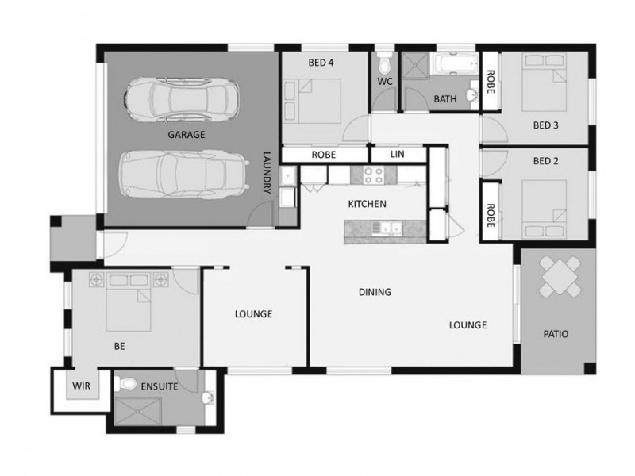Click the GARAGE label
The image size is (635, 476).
point(187,135)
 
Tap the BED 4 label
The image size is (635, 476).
point(321,63)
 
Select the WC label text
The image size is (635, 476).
point(385,82)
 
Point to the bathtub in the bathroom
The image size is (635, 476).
point(454,64)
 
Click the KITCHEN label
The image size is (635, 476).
point(368,204)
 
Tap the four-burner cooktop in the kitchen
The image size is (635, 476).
point(373,175)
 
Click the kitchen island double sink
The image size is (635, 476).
point(387,228)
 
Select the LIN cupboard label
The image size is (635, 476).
point(398,154)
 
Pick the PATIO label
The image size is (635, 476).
point(556,334)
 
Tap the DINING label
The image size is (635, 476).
point(375,292)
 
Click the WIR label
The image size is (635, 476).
point(82,386)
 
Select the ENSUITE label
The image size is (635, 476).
point(160,386)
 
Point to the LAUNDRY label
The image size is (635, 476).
point(267,172)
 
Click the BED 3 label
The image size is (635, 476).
point(545,125)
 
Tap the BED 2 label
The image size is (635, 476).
point(545,161)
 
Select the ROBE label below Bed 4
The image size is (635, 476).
point(324,155)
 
